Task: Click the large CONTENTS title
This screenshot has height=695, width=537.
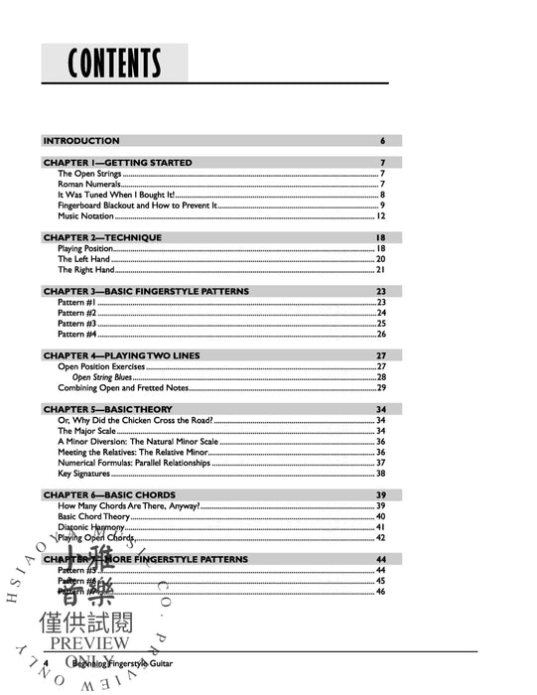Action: (x=114, y=64)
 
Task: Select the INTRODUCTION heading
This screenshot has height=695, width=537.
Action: (x=81, y=141)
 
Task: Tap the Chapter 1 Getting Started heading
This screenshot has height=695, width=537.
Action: (x=117, y=162)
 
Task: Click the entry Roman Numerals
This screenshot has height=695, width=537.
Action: (x=88, y=184)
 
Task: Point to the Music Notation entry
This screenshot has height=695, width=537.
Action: (x=85, y=215)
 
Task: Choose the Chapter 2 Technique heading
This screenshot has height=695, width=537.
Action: (x=101, y=238)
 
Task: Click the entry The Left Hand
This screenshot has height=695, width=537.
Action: (x=82, y=259)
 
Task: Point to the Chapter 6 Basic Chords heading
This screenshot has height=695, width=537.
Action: (x=109, y=495)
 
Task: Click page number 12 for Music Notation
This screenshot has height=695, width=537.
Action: (x=380, y=215)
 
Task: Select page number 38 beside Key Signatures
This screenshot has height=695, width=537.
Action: (x=380, y=474)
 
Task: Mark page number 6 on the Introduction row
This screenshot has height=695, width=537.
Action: (x=382, y=141)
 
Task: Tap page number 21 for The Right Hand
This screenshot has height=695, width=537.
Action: (x=380, y=269)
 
